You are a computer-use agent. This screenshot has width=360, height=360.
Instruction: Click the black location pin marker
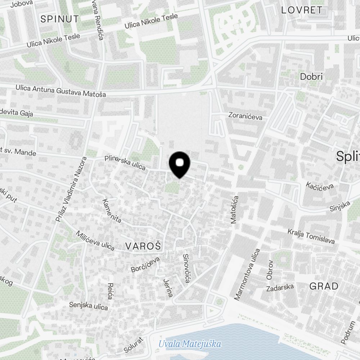coord(179,164)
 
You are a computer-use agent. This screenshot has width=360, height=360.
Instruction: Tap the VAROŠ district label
coord(143,246)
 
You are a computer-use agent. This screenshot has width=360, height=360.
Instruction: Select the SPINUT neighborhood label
coord(59,19)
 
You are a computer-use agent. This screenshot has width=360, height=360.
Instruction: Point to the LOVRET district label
coord(302,10)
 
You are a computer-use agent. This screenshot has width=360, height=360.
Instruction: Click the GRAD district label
coord(324,286)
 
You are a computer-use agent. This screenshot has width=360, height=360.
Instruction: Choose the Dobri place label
coord(311,77)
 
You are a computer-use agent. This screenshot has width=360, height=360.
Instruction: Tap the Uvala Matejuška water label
coord(190,344)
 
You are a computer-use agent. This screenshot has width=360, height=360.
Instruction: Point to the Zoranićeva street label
coord(246,116)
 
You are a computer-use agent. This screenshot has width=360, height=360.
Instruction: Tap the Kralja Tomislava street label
coord(311,236)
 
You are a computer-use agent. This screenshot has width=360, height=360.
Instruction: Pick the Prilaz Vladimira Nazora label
coord(72,189)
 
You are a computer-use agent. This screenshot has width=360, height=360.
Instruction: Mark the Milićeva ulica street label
coord(95,240)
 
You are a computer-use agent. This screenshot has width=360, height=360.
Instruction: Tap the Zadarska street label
coord(280,288)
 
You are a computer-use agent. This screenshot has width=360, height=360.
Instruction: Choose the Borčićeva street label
coord(145,264)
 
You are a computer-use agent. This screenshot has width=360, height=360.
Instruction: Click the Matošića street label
coord(234,210)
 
